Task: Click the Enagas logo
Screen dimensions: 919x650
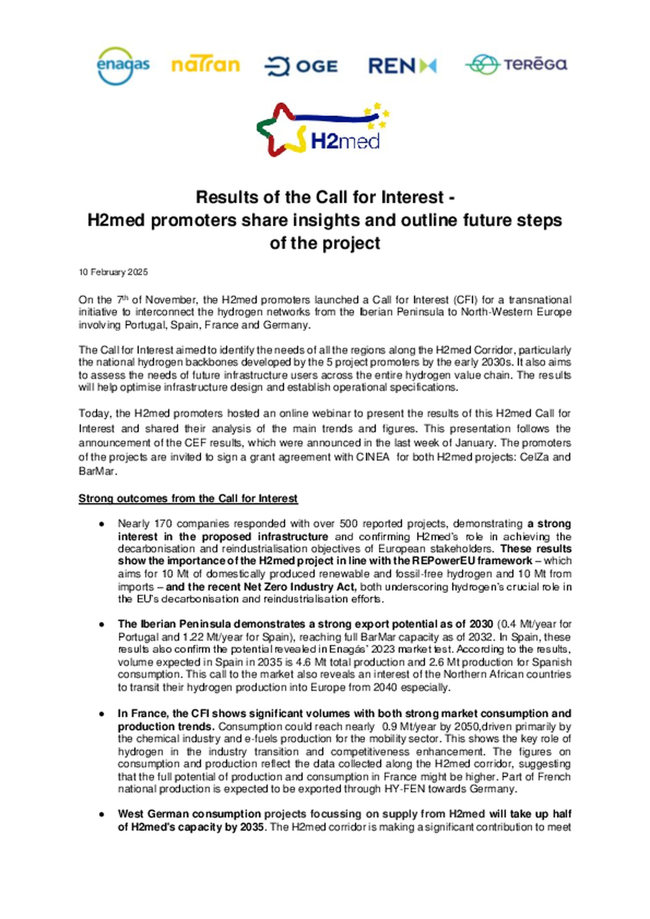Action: tap(123, 66)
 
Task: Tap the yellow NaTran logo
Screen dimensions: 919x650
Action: tap(205, 65)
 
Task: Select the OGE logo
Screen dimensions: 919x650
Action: tap(301, 66)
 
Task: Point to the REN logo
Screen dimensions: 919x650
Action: tap(402, 66)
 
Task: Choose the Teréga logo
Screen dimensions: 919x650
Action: tap(516, 64)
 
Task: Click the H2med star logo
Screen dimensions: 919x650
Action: tap(322, 130)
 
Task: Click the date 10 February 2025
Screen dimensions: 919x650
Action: tap(113, 272)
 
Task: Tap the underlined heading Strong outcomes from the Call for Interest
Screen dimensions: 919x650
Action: tap(188, 499)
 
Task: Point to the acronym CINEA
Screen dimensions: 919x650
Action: tap(372, 457)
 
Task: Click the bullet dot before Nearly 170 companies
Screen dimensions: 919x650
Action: tap(102, 524)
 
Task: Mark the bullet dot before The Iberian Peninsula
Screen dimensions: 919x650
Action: tap(102, 625)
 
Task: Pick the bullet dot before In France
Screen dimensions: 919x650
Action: tap(102, 714)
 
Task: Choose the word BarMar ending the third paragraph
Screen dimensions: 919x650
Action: tap(97, 472)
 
